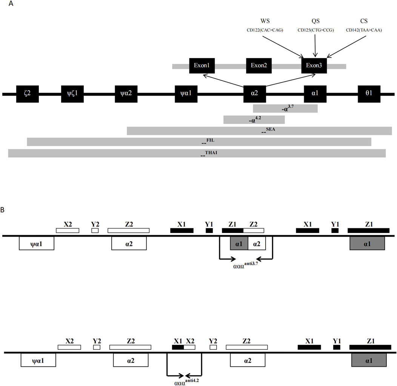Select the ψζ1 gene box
(x=72, y=94)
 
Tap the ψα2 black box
(x=126, y=94)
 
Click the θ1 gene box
(x=369, y=94)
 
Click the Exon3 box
(x=314, y=66)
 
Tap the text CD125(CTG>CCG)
(x=315, y=30)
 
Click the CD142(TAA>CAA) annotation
(x=364, y=30)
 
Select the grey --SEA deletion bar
(x=259, y=131)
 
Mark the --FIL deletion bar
(x=199, y=142)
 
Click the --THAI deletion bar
(x=197, y=153)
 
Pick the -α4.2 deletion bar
(x=254, y=120)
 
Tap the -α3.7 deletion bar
(x=285, y=109)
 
